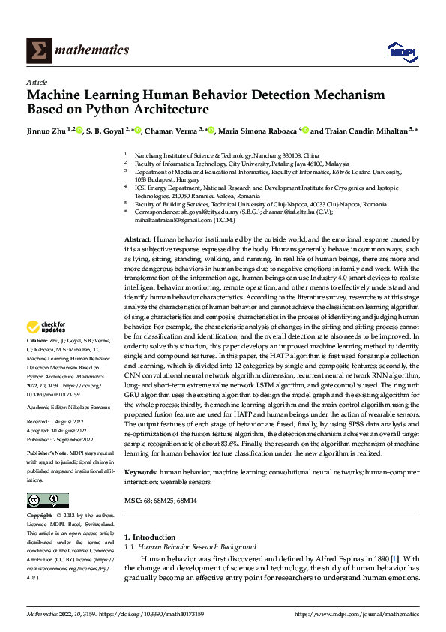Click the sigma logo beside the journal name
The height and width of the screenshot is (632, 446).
click(37, 50)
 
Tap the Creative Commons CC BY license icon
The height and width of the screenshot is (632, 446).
click(47, 501)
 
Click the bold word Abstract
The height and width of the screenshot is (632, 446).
click(138, 238)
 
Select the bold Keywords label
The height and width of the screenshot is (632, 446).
click(140, 472)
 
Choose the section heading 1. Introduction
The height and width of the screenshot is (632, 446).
click(149, 537)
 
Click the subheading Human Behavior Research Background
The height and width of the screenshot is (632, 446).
click(198, 547)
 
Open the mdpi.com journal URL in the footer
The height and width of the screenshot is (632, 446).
click(356, 614)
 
